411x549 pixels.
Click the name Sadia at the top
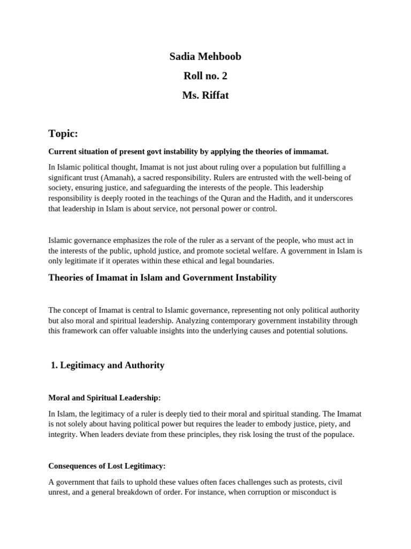pos(182,56)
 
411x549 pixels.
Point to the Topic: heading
pos(63,133)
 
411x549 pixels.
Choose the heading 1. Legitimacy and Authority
pos(107,365)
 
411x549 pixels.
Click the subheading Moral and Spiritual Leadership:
pos(104,398)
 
